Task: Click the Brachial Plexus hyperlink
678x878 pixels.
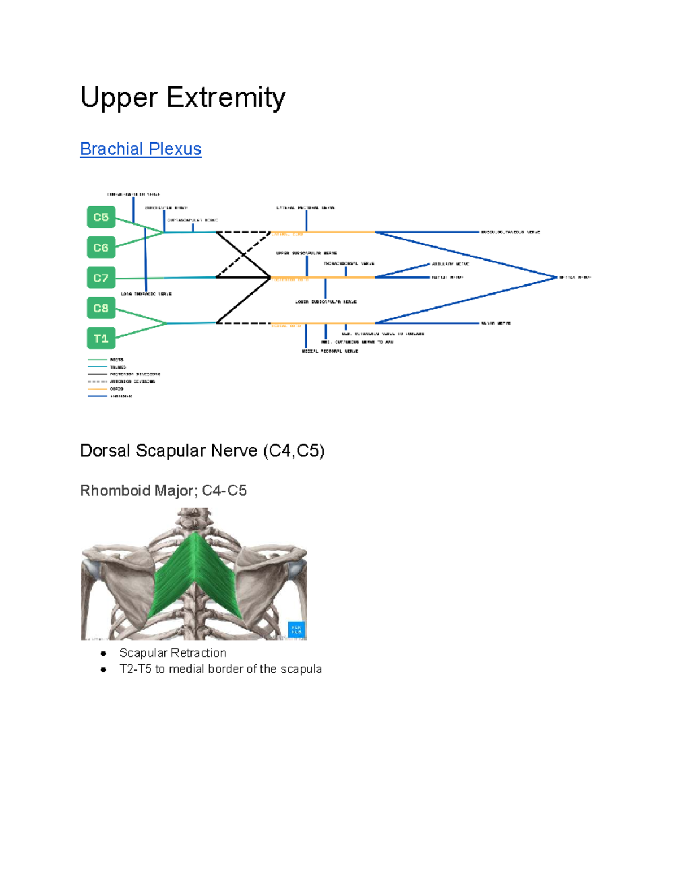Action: (x=141, y=149)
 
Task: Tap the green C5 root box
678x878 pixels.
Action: (x=101, y=217)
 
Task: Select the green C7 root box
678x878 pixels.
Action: (x=101, y=278)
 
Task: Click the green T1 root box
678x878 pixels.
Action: (x=101, y=338)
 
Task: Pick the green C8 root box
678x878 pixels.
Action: (x=101, y=308)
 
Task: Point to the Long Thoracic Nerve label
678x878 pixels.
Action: (x=146, y=294)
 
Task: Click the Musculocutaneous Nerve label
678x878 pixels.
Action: (x=510, y=232)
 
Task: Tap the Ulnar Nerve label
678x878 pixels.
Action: (x=496, y=323)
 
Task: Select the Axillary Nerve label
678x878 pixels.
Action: (x=450, y=264)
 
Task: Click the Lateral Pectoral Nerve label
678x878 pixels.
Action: (x=306, y=208)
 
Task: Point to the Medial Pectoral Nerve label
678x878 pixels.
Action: (x=330, y=351)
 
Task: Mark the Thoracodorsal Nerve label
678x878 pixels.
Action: (x=349, y=263)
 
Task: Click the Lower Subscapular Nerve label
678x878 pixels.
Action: (x=326, y=302)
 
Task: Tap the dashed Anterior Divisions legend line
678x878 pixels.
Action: (x=97, y=382)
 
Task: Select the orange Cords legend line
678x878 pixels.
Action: (x=97, y=389)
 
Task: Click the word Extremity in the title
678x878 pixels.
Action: (x=226, y=97)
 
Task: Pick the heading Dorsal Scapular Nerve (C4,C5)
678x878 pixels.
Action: (x=202, y=451)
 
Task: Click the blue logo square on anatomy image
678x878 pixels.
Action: (x=296, y=629)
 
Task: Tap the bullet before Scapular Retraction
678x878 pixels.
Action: (x=103, y=654)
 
